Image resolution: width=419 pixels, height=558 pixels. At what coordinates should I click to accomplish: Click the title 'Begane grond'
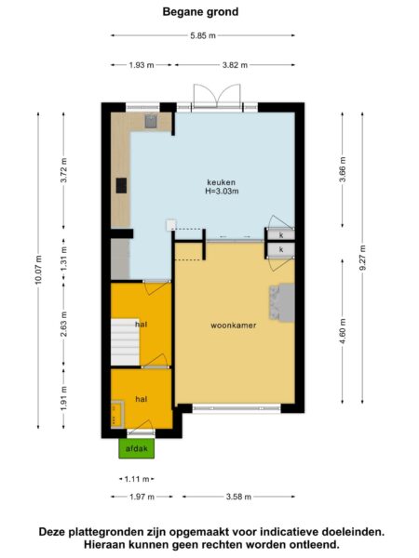200,12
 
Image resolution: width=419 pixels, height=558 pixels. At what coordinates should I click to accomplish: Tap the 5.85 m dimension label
203,35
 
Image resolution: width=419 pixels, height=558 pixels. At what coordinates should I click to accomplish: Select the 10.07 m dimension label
38,270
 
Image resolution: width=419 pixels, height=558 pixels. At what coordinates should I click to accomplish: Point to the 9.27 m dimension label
363,258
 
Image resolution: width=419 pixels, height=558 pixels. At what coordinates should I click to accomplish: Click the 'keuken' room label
222,182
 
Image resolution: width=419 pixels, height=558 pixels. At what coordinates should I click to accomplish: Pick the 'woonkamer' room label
234,325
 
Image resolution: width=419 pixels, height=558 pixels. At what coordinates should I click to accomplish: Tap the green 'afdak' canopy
137,448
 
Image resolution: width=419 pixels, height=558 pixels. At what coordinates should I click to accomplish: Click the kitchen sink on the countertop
151,121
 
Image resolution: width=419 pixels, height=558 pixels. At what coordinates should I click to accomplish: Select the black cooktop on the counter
121,185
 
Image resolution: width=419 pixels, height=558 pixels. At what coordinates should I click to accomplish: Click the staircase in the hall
125,341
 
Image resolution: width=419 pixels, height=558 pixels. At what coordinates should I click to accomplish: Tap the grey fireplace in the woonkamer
282,302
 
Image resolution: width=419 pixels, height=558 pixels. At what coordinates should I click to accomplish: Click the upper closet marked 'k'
281,235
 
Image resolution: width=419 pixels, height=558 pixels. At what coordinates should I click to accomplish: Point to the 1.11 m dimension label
137,479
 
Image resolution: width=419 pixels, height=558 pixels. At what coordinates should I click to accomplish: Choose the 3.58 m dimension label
238,497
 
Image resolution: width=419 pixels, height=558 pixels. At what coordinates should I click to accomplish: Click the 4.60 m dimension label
343,331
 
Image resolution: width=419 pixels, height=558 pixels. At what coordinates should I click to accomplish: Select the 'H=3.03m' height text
222,191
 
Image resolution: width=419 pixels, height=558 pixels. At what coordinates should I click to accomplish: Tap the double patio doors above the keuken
217,96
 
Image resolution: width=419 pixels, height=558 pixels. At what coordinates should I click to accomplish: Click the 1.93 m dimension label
142,65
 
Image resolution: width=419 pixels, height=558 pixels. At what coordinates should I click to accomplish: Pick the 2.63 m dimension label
63,324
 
